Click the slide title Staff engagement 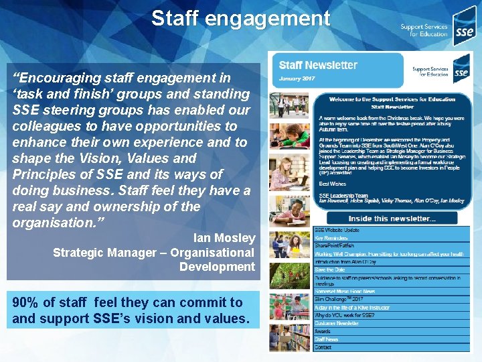[x=240, y=18]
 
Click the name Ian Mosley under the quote [x=224, y=238]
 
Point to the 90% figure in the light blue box [x=27, y=302]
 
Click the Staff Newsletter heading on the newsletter [x=318, y=66]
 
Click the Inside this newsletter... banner [x=392, y=218]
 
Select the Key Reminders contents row [x=332, y=239]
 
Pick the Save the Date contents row [x=330, y=269]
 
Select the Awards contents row [x=323, y=331]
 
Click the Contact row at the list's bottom [x=323, y=347]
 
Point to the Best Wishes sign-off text [x=332, y=182]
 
